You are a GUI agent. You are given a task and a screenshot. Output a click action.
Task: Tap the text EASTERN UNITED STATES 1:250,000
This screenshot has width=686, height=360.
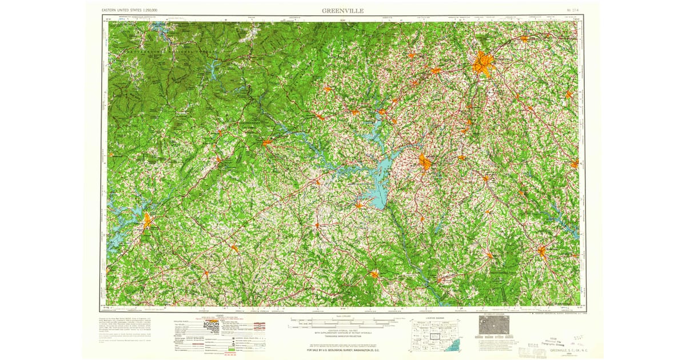click(x=130, y=11)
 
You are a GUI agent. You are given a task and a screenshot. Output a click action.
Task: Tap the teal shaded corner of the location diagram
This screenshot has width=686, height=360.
click(x=453, y=345)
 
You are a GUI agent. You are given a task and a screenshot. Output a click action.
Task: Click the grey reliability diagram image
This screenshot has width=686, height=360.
click(x=494, y=326)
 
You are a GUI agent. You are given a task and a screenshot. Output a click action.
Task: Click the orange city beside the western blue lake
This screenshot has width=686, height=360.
click(x=148, y=219)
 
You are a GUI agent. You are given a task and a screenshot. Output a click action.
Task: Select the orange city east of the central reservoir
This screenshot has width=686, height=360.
click(x=425, y=163)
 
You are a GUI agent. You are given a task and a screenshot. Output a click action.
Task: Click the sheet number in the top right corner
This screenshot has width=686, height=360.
click(x=572, y=11)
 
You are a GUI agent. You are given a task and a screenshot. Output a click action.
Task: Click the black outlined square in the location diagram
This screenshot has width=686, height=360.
click(x=436, y=338)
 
